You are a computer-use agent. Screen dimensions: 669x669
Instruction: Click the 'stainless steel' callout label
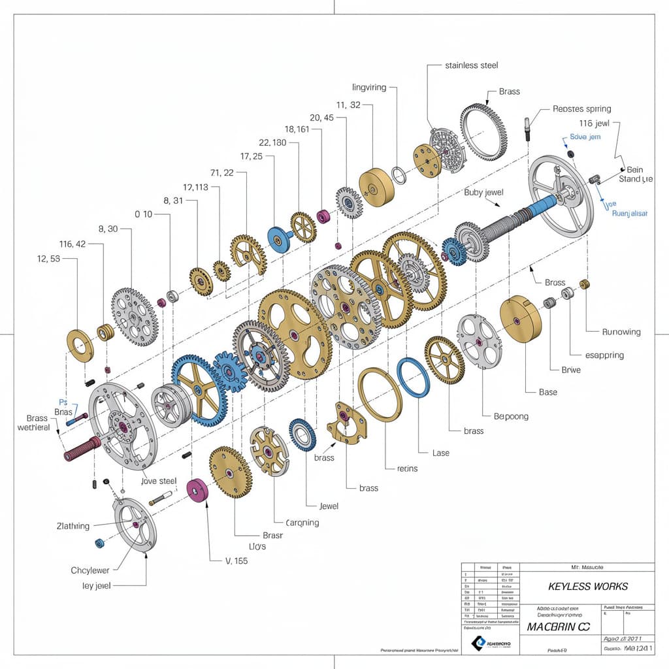tap(472, 65)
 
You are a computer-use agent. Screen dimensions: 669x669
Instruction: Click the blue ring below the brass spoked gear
tap(414, 378)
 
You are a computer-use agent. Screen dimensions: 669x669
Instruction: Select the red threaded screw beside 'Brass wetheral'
tap(81, 448)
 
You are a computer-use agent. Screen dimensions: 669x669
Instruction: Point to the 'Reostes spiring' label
tap(581, 109)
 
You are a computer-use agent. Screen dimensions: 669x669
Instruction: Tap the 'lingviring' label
tap(369, 87)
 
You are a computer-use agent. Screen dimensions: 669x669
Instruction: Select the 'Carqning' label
tap(302, 523)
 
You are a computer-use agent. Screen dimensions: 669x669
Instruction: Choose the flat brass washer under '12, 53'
tap(80, 345)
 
